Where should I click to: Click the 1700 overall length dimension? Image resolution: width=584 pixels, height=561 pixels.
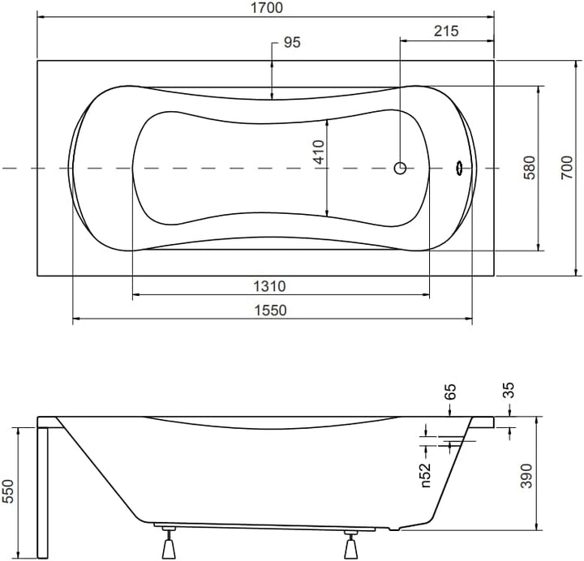pyautogui.click(x=265, y=8)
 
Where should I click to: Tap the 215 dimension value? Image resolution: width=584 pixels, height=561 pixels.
pyautogui.click(x=446, y=32)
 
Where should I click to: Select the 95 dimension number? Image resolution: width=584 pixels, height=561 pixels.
pyautogui.click(x=291, y=43)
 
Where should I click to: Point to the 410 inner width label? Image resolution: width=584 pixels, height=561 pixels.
pyautogui.click(x=319, y=152)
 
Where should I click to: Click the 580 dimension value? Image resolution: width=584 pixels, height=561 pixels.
pyautogui.click(x=529, y=168)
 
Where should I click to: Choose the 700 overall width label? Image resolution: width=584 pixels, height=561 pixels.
pyautogui.click(x=568, y=168)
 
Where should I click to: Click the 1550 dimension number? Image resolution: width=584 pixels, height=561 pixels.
pyautogui.click(x=272, y=310)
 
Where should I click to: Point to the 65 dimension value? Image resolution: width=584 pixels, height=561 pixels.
pyautogui.click(x=451, y=393)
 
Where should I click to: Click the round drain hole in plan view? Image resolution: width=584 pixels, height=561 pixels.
pyautogui.click(x=400, y=168)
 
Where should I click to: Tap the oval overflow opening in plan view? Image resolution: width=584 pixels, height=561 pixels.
pyautogui.click(x=459, y=168)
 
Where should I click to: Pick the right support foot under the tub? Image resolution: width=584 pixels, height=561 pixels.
pyautogui.click(x=351, y=545)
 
